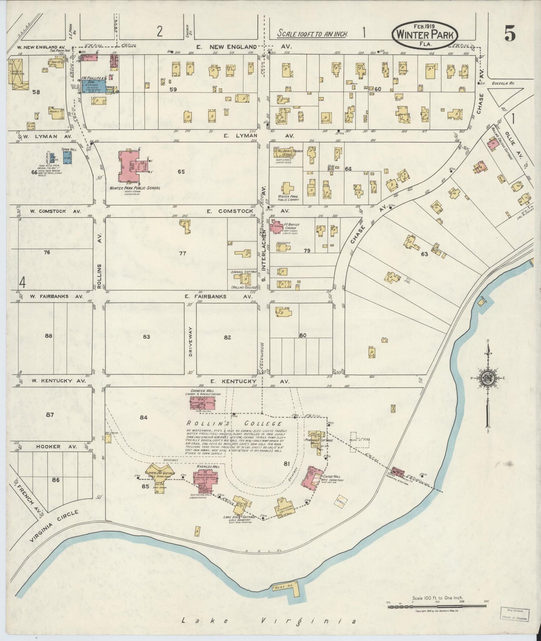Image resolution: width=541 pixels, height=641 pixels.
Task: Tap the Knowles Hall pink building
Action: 205,480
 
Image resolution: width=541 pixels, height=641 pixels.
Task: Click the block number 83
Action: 146,337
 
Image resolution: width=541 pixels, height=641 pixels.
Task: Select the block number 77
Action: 182,253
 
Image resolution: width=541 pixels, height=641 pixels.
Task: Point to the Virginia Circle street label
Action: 54,527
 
